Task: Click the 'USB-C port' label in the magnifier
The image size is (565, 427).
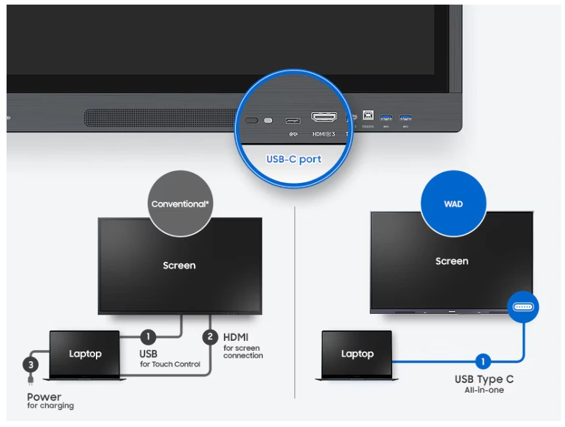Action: tap(294, 159)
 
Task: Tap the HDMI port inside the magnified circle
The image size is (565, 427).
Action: tap(324, 118)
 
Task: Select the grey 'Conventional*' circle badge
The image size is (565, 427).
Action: tap(180, 204)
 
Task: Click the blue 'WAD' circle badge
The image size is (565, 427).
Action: tap(453, 204)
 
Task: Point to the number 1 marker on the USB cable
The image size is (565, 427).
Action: tap(148, 337)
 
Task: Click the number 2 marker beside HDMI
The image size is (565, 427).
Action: tap(210, 337)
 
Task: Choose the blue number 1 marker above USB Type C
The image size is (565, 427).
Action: tap(483, 361)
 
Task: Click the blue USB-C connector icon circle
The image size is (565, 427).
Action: tap(524, 307)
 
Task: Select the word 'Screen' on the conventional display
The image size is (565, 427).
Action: tap(179, 266)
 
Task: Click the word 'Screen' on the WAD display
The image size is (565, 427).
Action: tap(452, 261)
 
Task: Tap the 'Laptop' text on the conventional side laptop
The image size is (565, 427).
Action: tap(85, 354)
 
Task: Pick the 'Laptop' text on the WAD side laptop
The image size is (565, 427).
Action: tap(357, 354)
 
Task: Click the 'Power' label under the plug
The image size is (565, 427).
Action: tap(44, 397)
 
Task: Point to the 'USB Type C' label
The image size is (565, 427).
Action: tap(484, 379)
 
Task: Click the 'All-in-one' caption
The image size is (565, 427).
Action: tap(484, 390)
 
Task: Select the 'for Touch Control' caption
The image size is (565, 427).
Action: tap(170, 364)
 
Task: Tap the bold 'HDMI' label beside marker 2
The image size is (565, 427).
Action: tap(236, 337)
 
